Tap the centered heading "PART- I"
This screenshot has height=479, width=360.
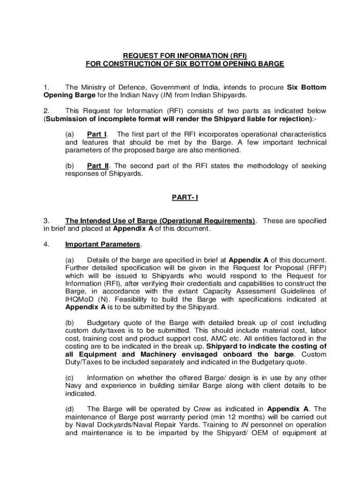click(185, 197)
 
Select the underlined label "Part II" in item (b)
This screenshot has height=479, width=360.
click(98, 166)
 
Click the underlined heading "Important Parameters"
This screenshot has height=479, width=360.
click(103, 244)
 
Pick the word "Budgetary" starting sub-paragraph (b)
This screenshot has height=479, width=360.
click(104, 323)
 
